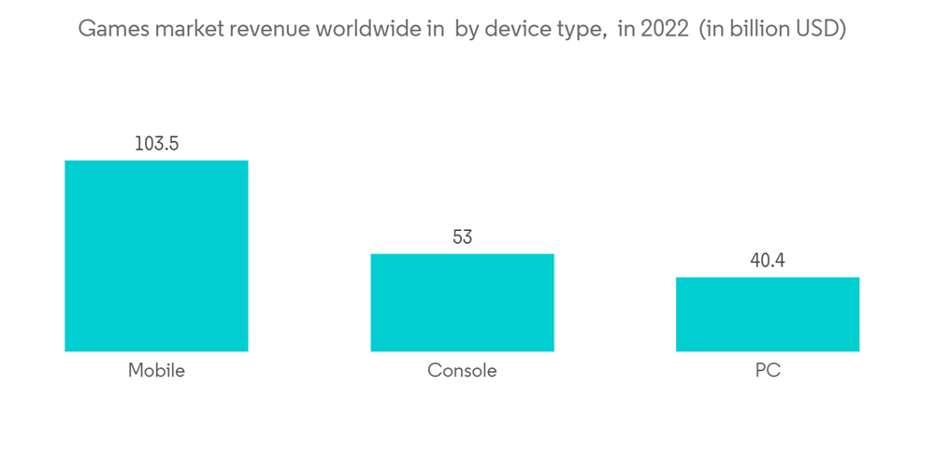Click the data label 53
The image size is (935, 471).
point(462,237)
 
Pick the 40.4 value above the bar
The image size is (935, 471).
point(768,261)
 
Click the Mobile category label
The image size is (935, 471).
point(156,370)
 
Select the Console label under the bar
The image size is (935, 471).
point(462,370)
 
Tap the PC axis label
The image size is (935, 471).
point(768,370)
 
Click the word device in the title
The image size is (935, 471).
point(510,30)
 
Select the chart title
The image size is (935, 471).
point(462,30)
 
